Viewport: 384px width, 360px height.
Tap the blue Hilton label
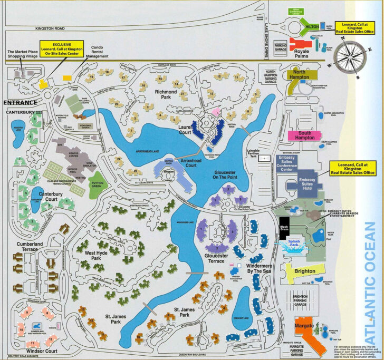312,26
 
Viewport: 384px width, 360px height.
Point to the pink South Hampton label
305,134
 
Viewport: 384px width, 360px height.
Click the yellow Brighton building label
305,271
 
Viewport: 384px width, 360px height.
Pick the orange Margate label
306,326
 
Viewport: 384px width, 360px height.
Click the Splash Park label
298,244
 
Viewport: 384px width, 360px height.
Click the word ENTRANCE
20,102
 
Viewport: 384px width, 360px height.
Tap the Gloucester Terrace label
214,258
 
